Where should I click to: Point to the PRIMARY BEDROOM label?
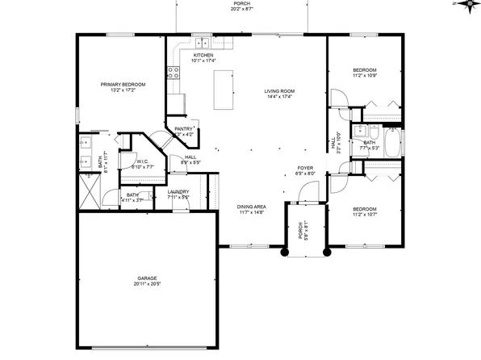[x=123, y=84]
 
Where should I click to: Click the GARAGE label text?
[x=146, y=278]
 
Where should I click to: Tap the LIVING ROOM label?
[x=280, y=91]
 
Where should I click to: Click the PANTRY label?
[x=184, y=128]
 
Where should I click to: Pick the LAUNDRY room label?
[x=178, y=191]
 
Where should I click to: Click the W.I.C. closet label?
[x=141, y=161]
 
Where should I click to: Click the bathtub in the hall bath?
[x=391, y=147]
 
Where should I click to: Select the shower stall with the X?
[x=88, y=192]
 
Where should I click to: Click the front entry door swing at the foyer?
[x=305, y=191]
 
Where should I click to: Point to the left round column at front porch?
[x=285, y=252]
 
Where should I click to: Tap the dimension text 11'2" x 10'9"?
[x=365, y=76]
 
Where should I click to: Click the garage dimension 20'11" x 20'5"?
[x=146, y=284]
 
